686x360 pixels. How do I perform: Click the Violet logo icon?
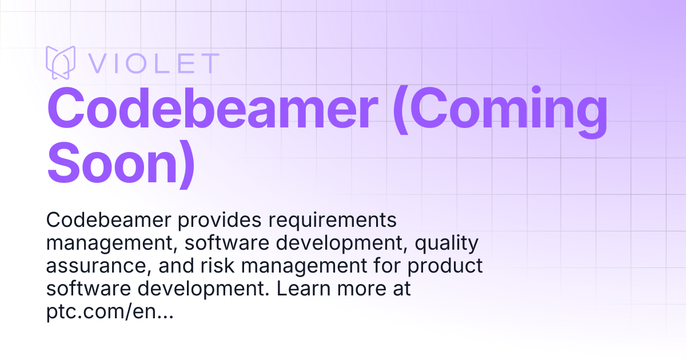point(61,62)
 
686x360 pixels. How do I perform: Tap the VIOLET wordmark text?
point(154,63)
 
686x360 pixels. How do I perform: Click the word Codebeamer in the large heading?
point(212,108)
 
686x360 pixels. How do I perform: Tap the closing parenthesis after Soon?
point(187,164)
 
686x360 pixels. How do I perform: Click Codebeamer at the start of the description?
point(109,220)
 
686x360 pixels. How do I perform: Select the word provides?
point(220,221)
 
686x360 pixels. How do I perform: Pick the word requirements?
point(333,221)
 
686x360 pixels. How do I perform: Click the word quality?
point(446,244)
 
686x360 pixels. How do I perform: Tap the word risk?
point(217,265)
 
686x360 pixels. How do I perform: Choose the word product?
point(445,266)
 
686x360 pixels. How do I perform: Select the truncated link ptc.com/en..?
point(110,312)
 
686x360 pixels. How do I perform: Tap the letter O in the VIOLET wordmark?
point(135,63)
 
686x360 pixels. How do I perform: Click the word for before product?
point(387,265)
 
